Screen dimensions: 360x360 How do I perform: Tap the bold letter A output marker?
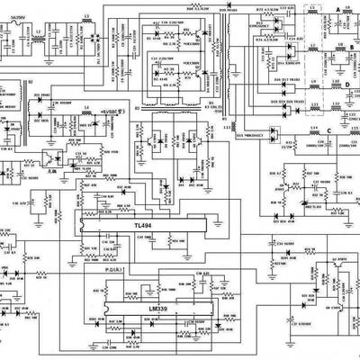pyautogui.click(x=337, y=7)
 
